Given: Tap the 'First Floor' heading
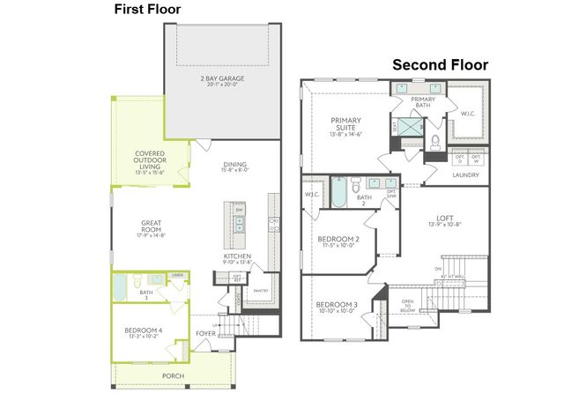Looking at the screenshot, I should pyautogui.click(x=148, y=9).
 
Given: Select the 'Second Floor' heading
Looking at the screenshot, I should pyautogui.click(x=439, y=64).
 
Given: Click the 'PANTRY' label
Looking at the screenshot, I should pyautogui.click(x=260, y=290).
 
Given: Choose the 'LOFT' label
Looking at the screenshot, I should pyautogui.click(x=445, y=218).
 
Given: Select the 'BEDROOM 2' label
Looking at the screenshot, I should pyautogui.click(x=338, y=241).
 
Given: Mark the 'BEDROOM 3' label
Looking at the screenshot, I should pyautogui.click(x=338, y=307).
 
